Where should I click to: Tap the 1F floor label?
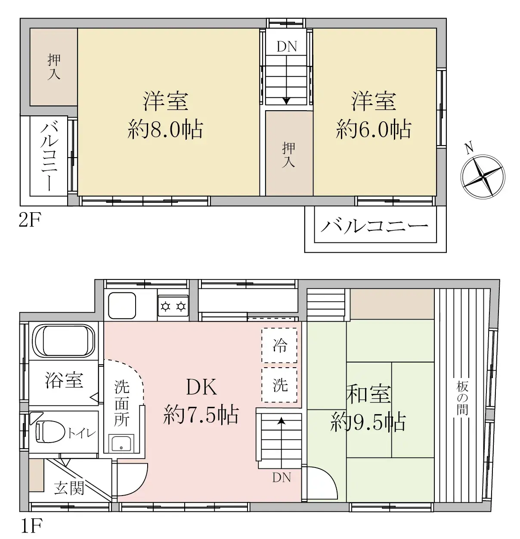[x=31, y=526]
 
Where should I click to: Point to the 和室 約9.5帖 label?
[x=368, y=408]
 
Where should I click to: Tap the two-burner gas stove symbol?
[x=173, y=307]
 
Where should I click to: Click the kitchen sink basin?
[x=122, y=305]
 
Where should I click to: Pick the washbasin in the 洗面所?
[x=122, y=443]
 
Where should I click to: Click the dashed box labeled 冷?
[x=279, y=345]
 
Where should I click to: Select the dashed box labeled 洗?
[x=279, y=384]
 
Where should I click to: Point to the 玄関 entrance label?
[x=69, y=488]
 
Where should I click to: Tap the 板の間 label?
[x=462, y=398]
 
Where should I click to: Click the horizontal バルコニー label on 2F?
[x=374, y=226]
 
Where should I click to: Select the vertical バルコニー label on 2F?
[x=49, y=156]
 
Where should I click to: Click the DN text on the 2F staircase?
[x=287, y=46]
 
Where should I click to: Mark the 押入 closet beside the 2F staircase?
[x=289, y=154]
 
